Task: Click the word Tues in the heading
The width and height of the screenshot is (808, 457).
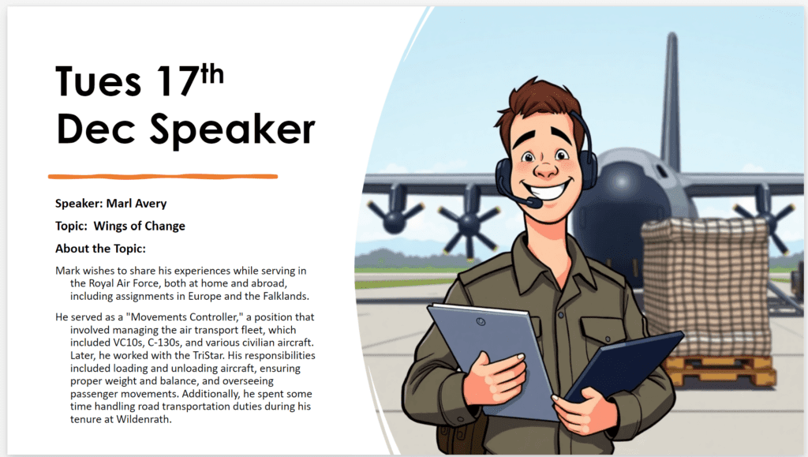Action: [x=98, y=81]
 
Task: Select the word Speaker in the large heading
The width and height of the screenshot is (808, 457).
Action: [x=232, y=129]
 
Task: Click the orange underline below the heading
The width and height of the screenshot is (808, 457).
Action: [x=163, y=177]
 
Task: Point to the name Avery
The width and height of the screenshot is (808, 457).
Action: [x=151, y=204]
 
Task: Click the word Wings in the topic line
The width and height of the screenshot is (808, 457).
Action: [x=110, y=227]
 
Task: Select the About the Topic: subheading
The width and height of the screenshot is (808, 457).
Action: [x=100, y=249]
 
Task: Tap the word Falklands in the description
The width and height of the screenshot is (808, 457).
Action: [x=285, y=296]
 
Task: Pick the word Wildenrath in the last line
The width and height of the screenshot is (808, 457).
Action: [x=143, y=419]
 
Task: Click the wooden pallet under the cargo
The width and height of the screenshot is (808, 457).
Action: [x=721, y=369]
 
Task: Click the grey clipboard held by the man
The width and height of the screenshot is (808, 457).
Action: [x=489, y=355]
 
